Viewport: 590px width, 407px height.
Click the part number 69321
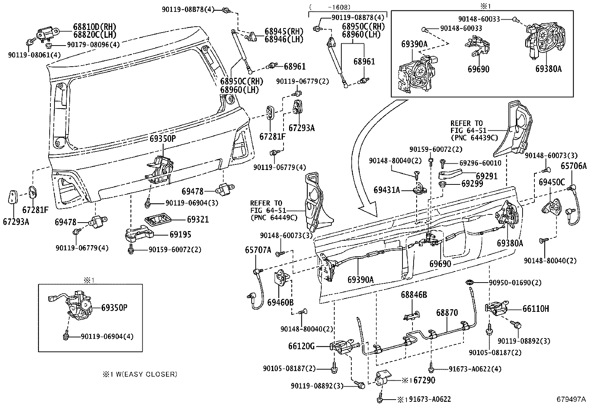198,220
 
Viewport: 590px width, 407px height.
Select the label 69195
180,234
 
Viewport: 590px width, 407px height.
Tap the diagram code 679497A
571,399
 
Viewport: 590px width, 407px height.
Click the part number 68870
447,313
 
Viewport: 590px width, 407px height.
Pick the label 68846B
414,295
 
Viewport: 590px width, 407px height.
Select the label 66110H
536,308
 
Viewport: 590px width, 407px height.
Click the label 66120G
301,346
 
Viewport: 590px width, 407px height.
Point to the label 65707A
258,250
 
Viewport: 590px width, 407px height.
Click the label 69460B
281,303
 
